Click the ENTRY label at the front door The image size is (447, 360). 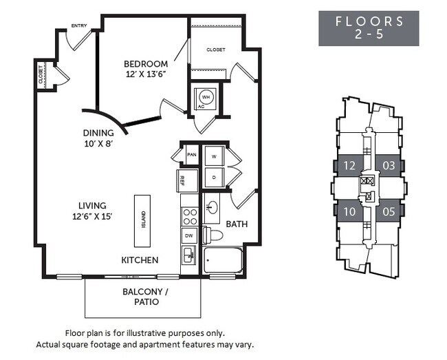click(x=79, y=27)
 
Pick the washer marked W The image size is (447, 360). click(x=214, y=157)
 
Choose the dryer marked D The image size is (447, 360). click(x=214, y=178)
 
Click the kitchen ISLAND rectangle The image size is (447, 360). click(x=144, y=221)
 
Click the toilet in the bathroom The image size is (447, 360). click(x=215, y=235)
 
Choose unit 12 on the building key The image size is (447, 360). click(x=349, y=165)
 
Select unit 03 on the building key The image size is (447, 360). click(x=389, y=165)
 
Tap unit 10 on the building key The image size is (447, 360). click(x=349, y=211)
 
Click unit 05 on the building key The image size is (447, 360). click(x=389, y=211)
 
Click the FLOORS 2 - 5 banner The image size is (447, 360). click(x=369, y=28)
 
